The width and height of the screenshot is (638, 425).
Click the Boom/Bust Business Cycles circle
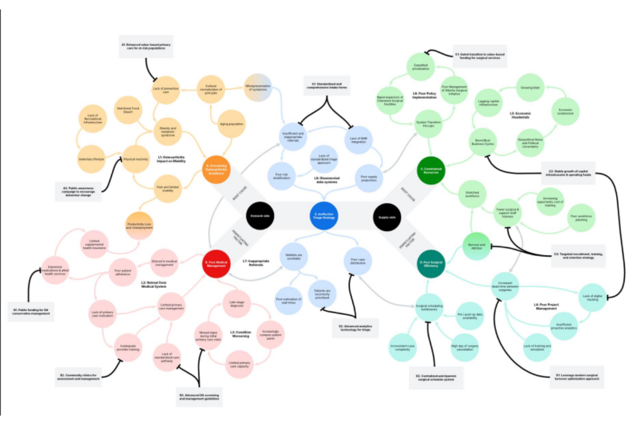[x=482, y=142]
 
